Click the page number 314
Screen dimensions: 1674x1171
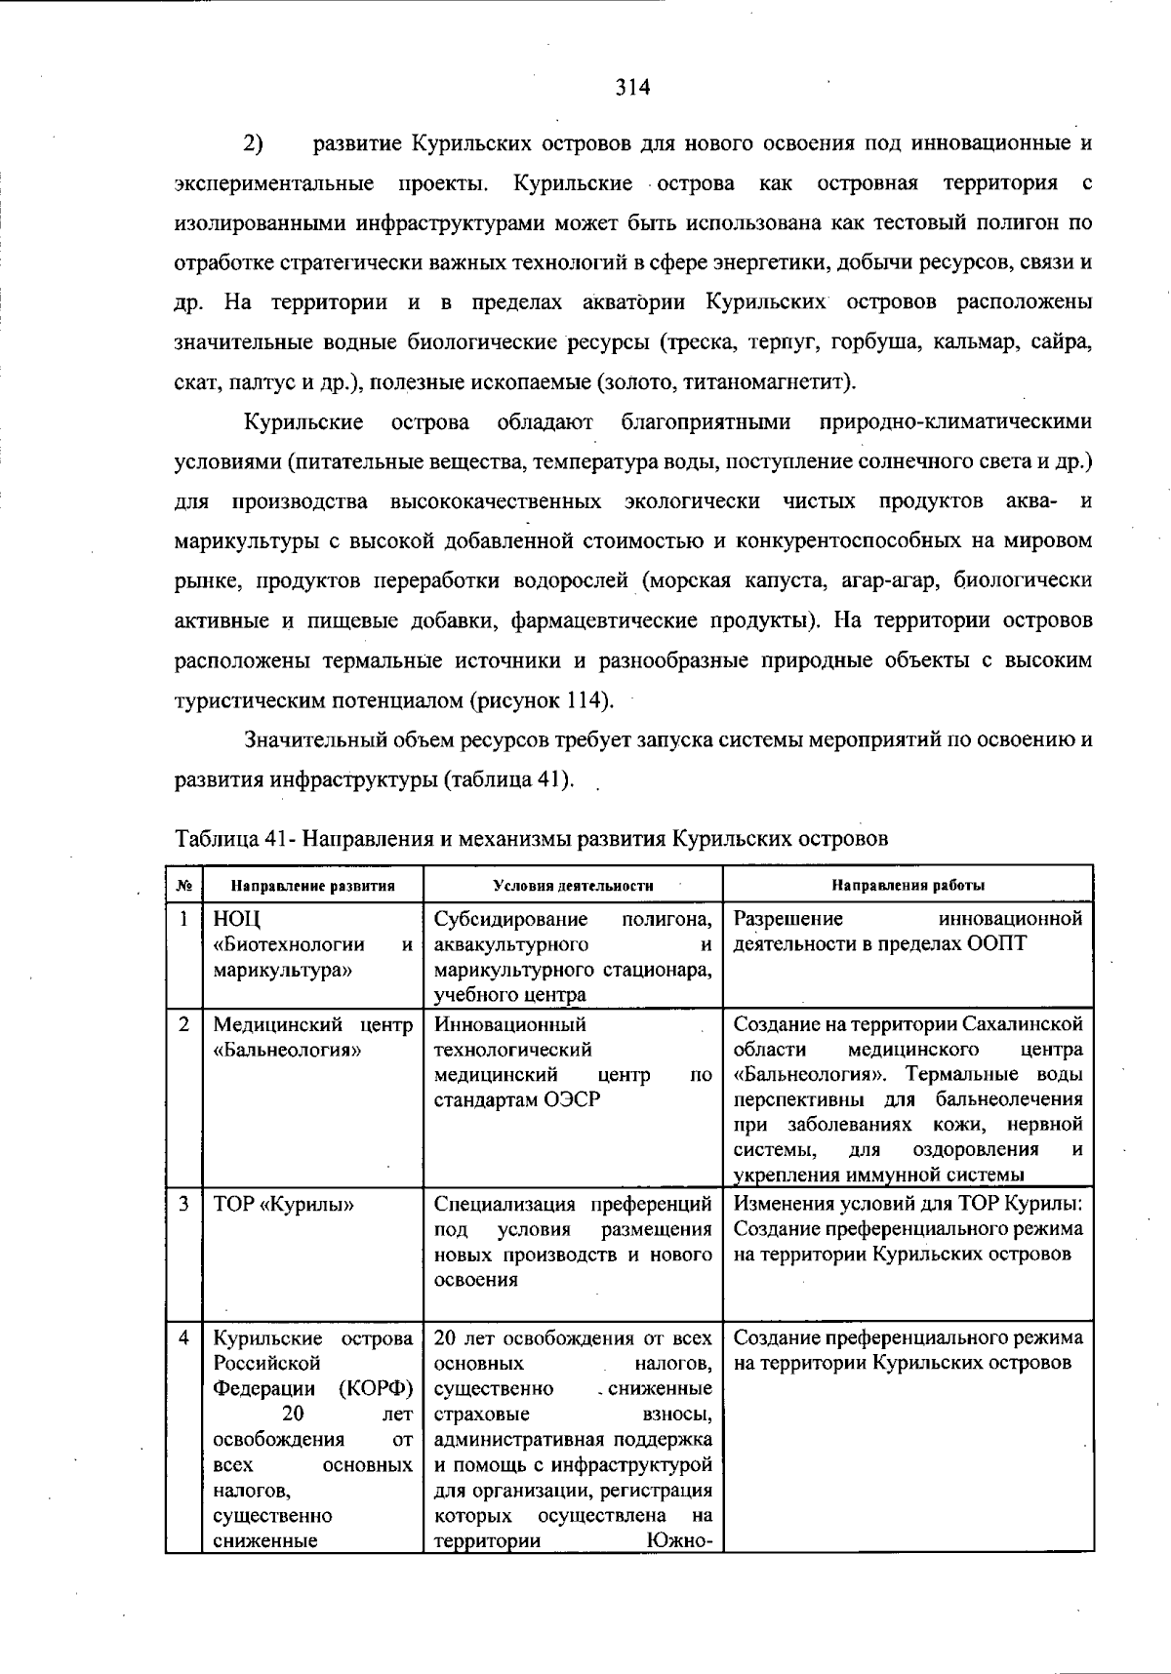click(x=632, y=87)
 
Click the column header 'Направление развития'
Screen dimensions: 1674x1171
click(x=312, y=886)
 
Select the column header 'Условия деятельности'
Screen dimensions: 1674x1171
click(x=573, y=886)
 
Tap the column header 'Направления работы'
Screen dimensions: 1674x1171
click(x=908, y=886)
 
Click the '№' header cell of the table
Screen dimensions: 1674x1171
click(x=183, y=886)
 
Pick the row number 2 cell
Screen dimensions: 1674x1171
click(x=183, y=1025)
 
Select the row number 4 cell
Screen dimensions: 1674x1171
click(x=183, y=1338)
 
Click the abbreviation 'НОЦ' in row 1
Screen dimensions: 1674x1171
click(x=237, y=920)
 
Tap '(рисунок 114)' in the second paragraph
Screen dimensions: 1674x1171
click(x=543, y=700)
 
